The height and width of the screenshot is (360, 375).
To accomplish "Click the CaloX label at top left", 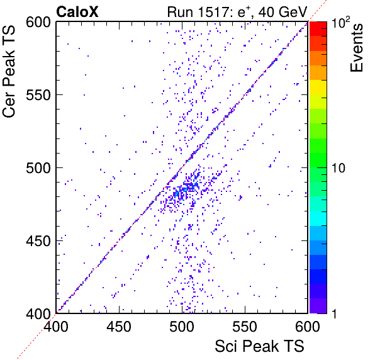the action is pyautogui.click(x=77, y=12).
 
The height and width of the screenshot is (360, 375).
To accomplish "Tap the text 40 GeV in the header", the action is pyautogui.click(x=283, y=12).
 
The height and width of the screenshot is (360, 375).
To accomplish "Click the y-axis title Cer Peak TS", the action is pyautogui.click(x=9, y=71).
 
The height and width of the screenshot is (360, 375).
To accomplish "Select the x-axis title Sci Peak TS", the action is pyautogui.click(x=259, y=346).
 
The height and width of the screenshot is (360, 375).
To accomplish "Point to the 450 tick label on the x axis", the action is pyautogui.click(x=119, y=327).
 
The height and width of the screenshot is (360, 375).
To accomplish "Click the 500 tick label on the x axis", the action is pyautogui.click(x=182, y=327).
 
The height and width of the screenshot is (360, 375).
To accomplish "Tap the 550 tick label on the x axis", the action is pyautogui.click(x=245, y=327).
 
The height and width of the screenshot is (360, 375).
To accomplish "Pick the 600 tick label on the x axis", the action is pyautogui.click(x=308, y=327).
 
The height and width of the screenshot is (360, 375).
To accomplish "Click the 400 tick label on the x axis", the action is pyautogui.click(x=56, y=327).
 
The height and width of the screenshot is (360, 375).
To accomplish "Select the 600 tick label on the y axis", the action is pyautogui.click(x=38, y=23).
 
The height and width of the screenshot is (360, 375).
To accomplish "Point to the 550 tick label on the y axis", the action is pyautogui.click(x=38, y=96).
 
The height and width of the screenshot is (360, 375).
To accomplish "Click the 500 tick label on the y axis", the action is pyautogui.click(x=38, y=169).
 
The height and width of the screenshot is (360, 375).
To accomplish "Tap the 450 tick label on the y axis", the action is pyautogui.click(x=38, y=241).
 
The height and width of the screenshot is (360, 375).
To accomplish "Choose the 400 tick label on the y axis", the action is pyautogui.click(x=38, y=313).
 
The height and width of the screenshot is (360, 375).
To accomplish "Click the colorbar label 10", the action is pyautogui.click(x=339, y=169).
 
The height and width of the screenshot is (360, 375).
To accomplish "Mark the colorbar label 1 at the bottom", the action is pyautogui.click(x=334, y=313).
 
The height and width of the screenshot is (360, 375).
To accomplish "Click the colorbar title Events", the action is pyautogui.click(x=356, y=47).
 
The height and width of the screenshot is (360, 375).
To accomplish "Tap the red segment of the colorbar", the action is pyautogui.click(x=318, y=29).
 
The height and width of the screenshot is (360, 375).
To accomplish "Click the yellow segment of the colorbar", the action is pyautogui.click(x=318, y=87).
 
